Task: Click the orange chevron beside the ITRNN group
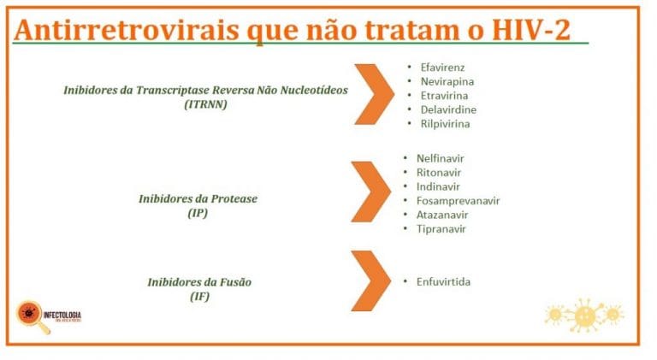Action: point(373,93)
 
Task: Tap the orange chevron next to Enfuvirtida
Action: point(370,280)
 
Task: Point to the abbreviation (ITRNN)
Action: point(205,104)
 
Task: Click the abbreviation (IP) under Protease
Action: point(198,213)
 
